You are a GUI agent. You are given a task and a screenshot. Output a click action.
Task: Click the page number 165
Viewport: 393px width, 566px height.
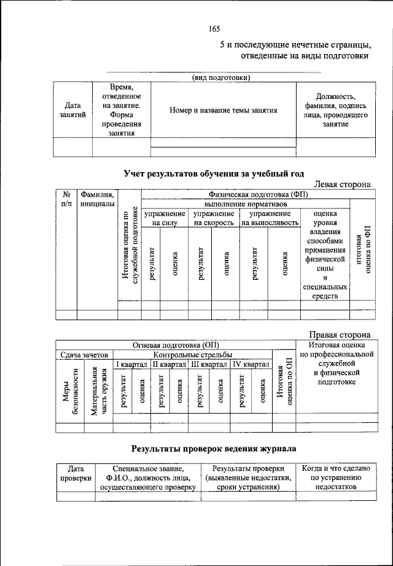(214, 29)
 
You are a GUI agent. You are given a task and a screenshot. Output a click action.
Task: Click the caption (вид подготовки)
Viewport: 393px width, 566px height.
(221, 77)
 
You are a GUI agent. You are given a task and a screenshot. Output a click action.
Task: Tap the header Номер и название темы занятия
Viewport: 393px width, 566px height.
(224, 111)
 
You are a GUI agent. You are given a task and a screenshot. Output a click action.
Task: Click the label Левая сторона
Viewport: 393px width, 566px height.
(342, 184)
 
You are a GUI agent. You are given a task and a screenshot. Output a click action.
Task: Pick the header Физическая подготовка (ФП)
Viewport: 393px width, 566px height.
(257, 195)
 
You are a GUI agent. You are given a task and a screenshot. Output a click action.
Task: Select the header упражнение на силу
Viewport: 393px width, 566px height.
(165, 218)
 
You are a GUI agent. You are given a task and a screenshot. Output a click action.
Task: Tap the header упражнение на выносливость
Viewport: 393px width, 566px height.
(270, 218)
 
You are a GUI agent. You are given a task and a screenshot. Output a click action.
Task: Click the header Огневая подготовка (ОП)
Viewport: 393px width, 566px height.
(176, 345)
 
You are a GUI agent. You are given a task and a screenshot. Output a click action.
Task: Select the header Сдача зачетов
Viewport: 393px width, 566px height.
(84, 355)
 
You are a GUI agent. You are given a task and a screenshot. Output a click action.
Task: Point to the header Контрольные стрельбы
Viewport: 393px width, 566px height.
(192, 355)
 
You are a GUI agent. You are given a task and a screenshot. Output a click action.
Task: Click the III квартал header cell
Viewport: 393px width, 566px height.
(208, 364)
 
